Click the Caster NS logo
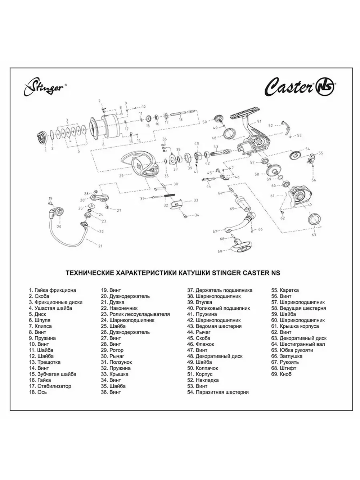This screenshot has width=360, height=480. click(301, 87)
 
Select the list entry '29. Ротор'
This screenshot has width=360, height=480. click(112, 350)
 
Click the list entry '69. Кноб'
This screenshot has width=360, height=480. click(281, 374)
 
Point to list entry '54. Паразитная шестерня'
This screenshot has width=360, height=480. click(218, 392)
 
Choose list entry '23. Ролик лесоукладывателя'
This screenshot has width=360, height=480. click(135, 314)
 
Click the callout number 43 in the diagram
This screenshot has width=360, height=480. click(216, 147)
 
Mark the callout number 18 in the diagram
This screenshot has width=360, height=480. click(180, 119)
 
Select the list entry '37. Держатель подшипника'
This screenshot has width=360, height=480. click(220, 290)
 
